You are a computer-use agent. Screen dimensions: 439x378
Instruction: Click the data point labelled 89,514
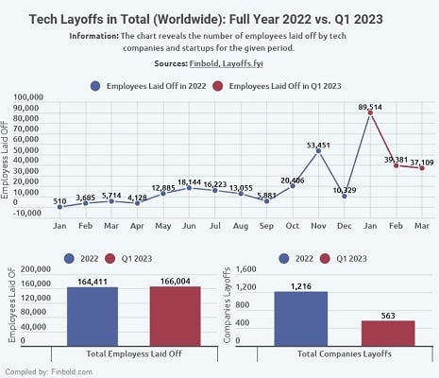click(x=370, y=112)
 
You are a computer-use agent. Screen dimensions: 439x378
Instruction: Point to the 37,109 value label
click(x=422, y=163)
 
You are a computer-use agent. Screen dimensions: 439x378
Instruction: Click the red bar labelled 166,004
click(x=176, y=317)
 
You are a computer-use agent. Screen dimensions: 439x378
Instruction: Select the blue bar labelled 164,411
click(x=93, y=317)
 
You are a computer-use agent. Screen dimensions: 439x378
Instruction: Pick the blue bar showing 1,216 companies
click(x=301, y=318)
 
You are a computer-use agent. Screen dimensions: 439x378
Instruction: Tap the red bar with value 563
click(x=388, y=334)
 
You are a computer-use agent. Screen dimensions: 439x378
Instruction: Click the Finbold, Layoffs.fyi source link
click(x=226, y=63)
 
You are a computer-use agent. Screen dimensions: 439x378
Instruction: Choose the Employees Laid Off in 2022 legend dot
click(x=95, y=86)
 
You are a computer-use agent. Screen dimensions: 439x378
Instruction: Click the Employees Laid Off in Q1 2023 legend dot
click(x=218, y=86)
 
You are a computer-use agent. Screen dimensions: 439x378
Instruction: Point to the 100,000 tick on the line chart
click(x=28, y=97)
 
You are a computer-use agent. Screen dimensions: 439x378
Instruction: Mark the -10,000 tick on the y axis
click(x=27, y=213)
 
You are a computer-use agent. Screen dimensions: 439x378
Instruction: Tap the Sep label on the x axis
click(x=266, y=226)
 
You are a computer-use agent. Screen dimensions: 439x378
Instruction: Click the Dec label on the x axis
click(x=345, y=226)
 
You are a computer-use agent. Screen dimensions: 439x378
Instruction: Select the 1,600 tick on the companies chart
click(x=246, y=269)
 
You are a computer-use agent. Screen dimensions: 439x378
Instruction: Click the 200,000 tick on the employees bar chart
click(x=36, y=269)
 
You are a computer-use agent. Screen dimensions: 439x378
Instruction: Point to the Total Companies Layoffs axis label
click(x=345, y=353)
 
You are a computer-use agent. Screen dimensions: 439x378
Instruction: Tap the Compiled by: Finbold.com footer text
click(x=49, y=371)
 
